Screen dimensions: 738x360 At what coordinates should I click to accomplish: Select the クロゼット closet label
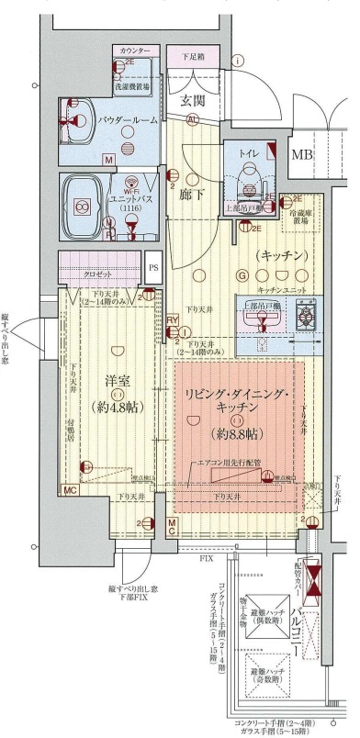point(96,274)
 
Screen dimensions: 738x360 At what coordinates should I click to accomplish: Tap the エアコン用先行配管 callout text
point(229,465)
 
